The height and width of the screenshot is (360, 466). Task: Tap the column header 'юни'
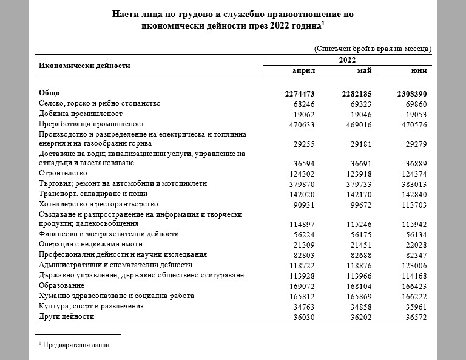coord(419,71)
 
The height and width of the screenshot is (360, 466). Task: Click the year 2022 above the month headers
coord(347,60)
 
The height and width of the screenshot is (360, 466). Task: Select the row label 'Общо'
coord(49,93)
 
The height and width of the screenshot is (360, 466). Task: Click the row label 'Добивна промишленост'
coord(81,114)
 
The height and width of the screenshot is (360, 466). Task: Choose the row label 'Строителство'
coord(63,174)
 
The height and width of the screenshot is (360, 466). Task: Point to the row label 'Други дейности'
coord(67,317)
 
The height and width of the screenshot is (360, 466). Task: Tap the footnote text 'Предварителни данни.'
coord(78,345)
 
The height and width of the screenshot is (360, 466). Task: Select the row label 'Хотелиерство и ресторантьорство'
coord(98,204)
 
